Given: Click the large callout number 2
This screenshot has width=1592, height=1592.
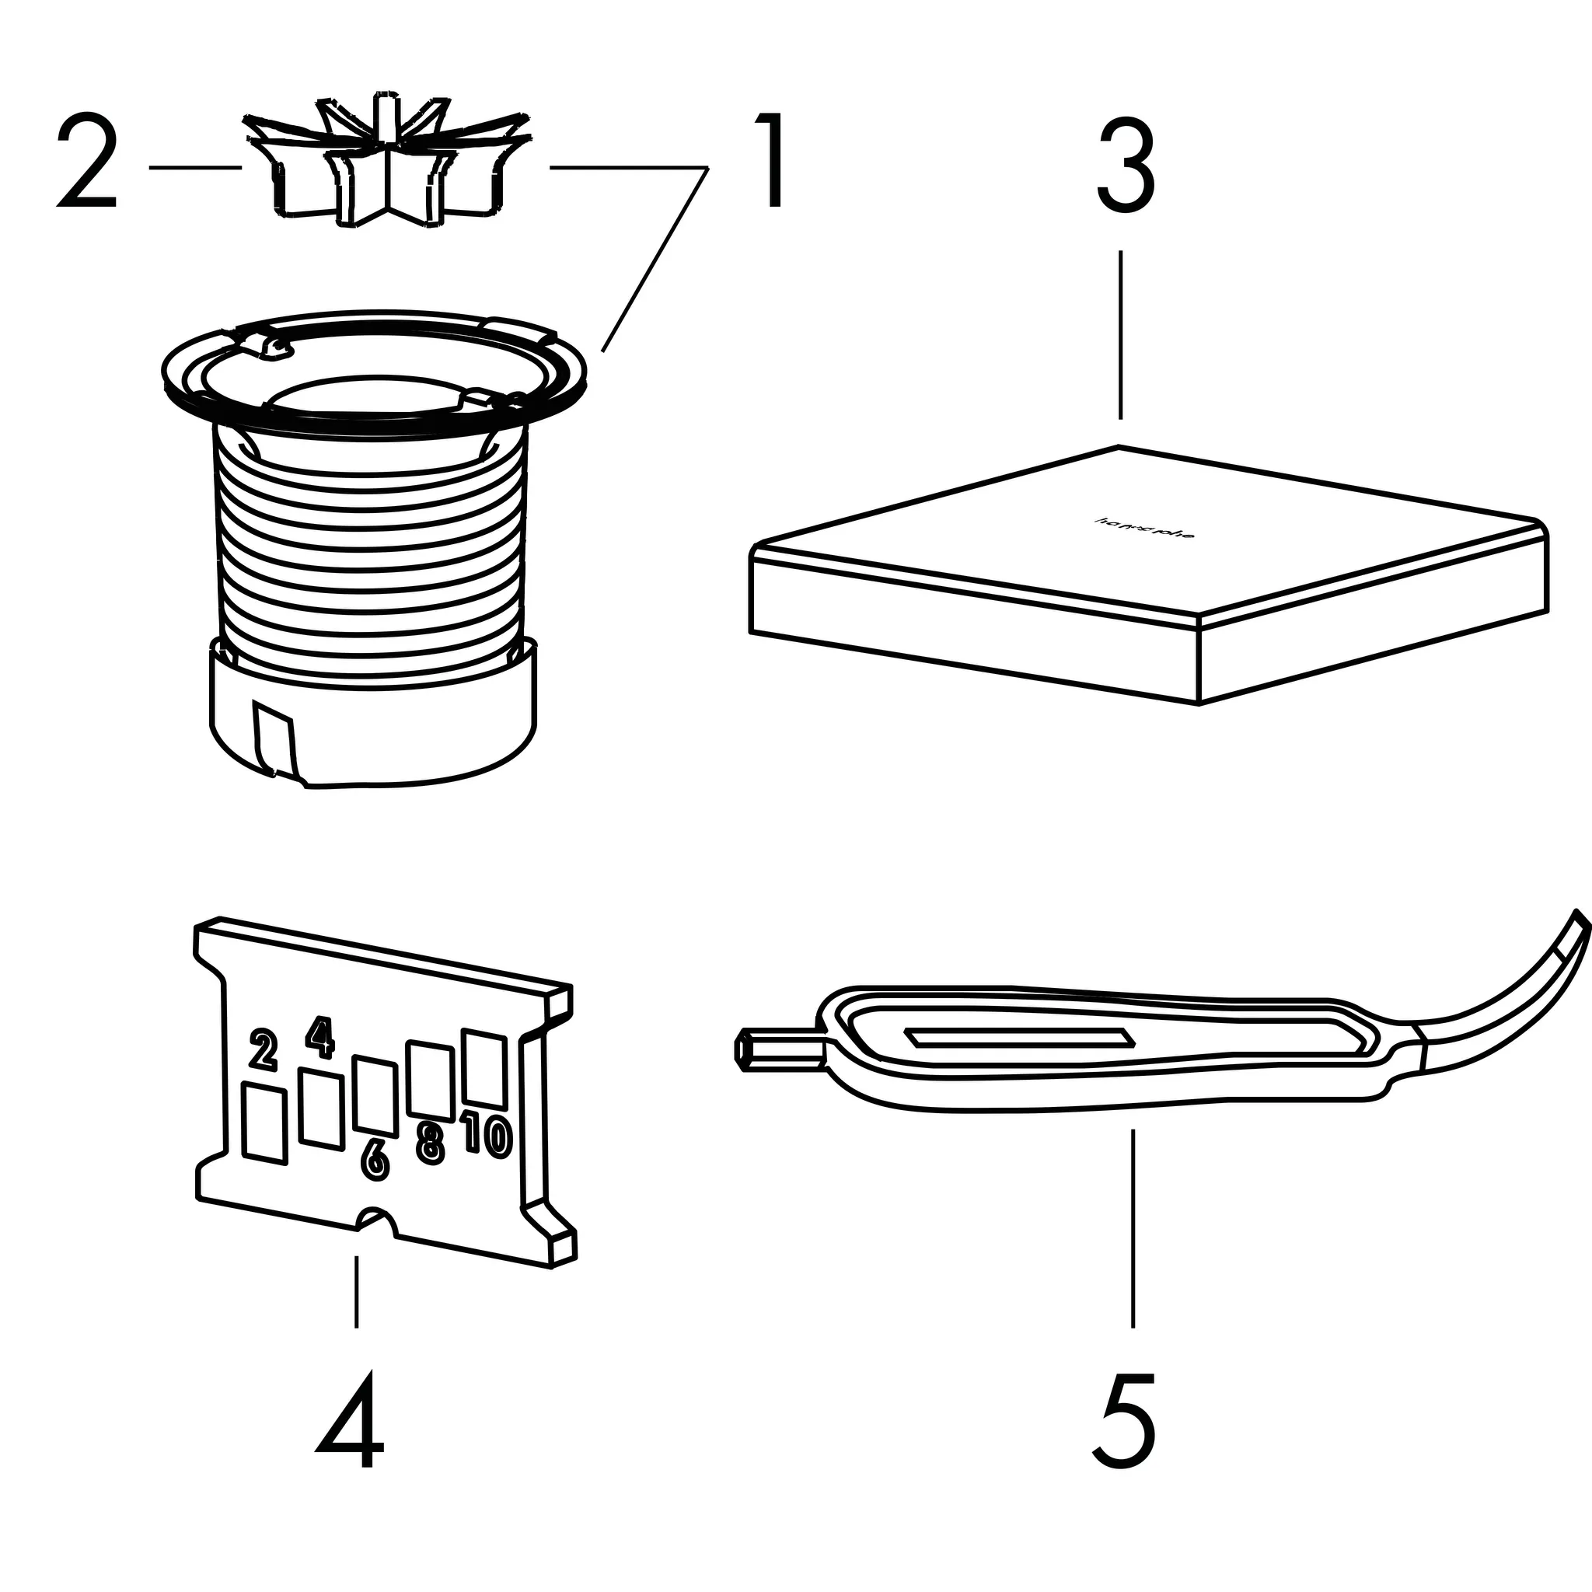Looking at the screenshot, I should (x=87, y=163).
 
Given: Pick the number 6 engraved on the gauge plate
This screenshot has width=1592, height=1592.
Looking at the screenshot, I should (x=375, y=1161).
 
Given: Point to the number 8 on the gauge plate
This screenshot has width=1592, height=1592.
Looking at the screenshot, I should (x=430, y=1144).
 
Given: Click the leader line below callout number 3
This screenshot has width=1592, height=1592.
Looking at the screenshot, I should (x=1120, y=333).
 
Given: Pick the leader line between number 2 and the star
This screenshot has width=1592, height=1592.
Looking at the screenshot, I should (x=194, y=167).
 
